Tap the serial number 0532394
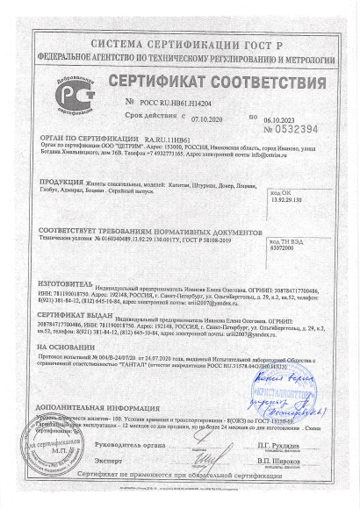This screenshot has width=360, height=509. (x=296, y=129)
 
